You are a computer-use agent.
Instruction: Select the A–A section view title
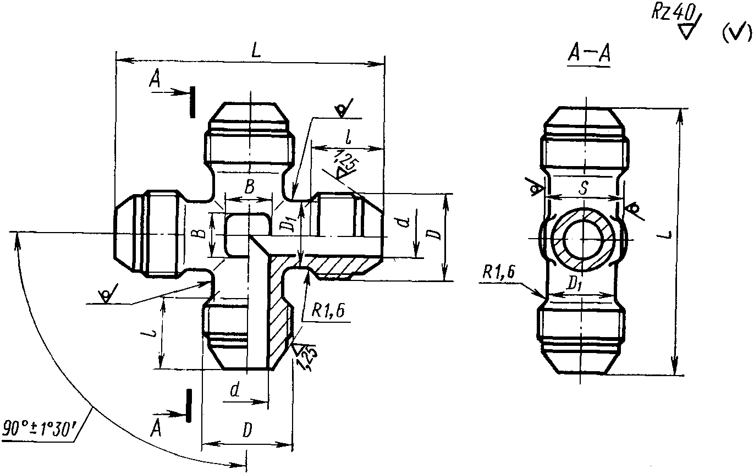pyautogui.click(x=588, y=54)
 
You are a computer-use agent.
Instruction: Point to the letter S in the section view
pyautogui.click(x=584, y=188)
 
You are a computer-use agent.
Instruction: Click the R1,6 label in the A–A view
pyautogui.click(x=499, y=272)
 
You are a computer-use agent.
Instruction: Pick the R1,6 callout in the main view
pyautogui.click(x=328, y=311)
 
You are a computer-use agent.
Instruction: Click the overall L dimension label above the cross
pyautogui.click(x=256, y=51)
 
